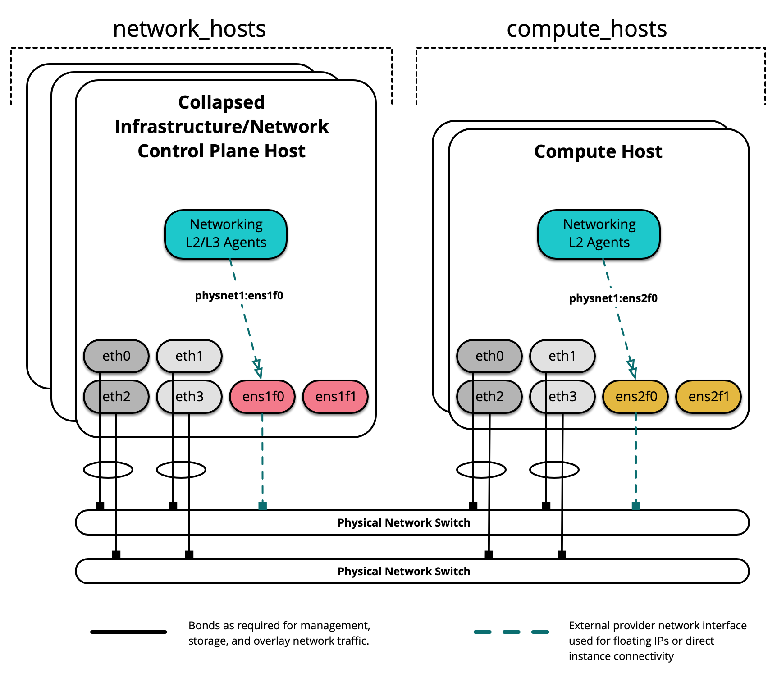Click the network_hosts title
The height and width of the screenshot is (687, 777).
point(189,29)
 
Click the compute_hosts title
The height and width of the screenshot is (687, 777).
point(586,29)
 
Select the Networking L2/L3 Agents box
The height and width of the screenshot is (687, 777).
point(226,234)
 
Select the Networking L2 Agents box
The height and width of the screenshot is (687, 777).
point(599,234)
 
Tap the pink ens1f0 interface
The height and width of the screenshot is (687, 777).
point(263,396)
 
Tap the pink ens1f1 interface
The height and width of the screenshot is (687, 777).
point(335,396)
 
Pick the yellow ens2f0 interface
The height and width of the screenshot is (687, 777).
point(635,396)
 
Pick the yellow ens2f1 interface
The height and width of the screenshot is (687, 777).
point(708,396)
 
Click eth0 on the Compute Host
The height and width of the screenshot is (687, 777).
point(489,356)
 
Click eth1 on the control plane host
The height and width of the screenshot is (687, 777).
point(189,356)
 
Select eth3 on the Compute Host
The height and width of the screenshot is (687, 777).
point(562,396)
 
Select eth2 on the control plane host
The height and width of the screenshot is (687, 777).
point(116,396)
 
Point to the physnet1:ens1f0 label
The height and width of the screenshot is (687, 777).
point(239,296)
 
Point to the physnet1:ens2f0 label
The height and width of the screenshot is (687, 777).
point(613,298)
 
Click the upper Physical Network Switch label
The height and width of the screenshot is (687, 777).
point(403,522)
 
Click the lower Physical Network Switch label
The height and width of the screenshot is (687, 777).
point(403,571)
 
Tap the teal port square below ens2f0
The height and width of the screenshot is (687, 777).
point(635,506)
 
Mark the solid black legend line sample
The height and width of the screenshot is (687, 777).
point(128,632)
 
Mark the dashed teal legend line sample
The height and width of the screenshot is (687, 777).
point(511,632)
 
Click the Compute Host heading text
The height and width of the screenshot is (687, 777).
point(598,151)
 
